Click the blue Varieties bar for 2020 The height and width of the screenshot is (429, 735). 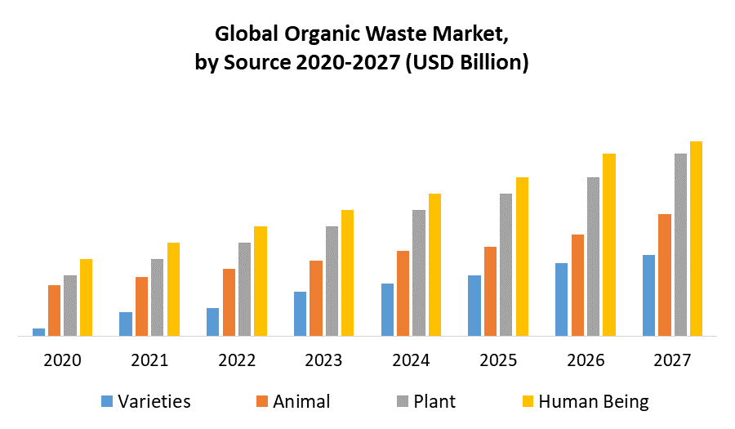point(38,332)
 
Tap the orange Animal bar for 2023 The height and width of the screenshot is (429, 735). point(316,298)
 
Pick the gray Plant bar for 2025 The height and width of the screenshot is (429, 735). point(506,265)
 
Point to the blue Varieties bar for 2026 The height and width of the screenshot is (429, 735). point(561,299)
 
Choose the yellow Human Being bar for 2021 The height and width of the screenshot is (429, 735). point(173,289)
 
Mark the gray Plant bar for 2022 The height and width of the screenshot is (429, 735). point(245,289)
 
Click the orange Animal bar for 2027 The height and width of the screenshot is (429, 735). point(665,275)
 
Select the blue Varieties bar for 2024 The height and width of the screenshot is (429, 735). point(387,310)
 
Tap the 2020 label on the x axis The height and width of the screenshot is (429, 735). point(63,360)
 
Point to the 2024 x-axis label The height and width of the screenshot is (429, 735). point(411,360)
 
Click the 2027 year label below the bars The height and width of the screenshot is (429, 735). point(672,360)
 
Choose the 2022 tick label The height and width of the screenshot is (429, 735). point(237,360)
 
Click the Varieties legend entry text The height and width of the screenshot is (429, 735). point(154,401)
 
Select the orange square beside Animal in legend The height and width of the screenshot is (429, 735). point(261,401)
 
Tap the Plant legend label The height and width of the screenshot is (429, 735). point(434,401)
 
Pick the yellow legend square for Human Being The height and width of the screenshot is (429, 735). point(528,401)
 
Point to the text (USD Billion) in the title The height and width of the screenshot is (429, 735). point(465,62)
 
